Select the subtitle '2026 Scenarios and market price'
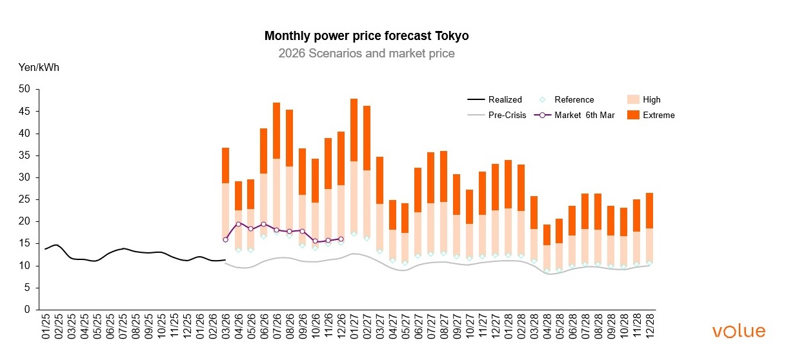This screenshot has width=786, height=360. (366, 54)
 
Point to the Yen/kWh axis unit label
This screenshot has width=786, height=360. (38, 67)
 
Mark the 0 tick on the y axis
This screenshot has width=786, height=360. (27, 310)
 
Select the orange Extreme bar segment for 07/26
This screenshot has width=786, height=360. (276, 130)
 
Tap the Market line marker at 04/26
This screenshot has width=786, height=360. (238, 224)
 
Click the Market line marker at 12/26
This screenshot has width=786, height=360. (341, 239)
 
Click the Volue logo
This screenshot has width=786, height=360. (739, 332)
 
